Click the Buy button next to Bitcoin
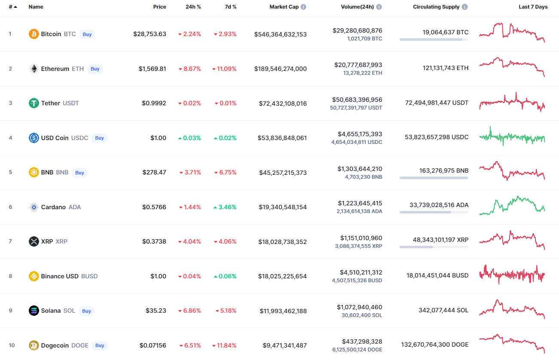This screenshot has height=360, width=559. click(x=87, y=34)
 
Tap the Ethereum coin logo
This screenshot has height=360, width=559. click(x=34, y=69)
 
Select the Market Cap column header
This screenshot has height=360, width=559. click(x=284, y=7)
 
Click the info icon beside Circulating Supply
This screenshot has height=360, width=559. click(x=465, y=7)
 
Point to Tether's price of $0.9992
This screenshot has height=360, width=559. click(x=154, y=104)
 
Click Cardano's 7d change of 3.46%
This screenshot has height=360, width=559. click(x=225, y=207)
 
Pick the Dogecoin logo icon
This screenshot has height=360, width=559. click(x=34, y=345)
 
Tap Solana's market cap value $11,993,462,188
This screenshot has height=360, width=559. click(x=283, y=311)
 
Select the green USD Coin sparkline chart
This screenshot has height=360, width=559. click(x=512, y=137)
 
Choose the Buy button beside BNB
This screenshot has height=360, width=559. click(x=79, y=173)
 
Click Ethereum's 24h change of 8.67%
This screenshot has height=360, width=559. click(x=189, y=69)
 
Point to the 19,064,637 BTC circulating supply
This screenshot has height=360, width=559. click(x=445, y=32)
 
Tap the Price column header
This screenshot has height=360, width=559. click(x=159, y=7)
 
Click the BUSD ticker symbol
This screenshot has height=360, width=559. click(x=89, y=276)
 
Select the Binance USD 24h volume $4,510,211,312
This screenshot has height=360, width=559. click(x=357, y=272)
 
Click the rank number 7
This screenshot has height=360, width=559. click(x=10, y=241)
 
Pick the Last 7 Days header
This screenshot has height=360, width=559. click(x=533, y=7)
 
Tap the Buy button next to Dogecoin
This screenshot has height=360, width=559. click(x=100, y=345)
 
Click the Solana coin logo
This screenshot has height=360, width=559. click(x=34, y=311)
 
